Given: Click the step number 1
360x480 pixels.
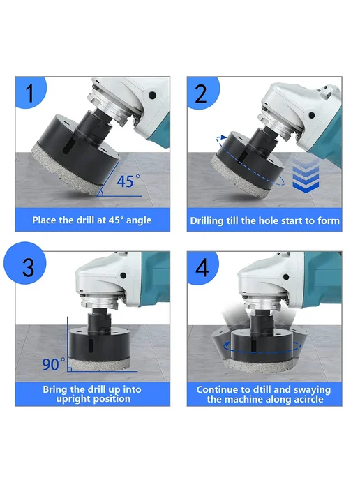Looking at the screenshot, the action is pos(30,93).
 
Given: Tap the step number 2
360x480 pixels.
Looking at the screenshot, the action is pos(201,94).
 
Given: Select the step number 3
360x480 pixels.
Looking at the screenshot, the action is pos(28,267).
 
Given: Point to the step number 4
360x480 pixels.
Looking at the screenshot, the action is pos(202,268).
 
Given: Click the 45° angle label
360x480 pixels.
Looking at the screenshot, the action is pos(128,181).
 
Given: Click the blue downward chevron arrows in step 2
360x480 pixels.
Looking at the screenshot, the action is pos(306,176).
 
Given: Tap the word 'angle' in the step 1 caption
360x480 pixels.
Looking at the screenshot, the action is pos(139,220).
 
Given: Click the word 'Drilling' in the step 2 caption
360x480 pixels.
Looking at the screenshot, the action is pos(207,221).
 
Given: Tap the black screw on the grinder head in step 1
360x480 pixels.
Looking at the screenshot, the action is pos(152,96).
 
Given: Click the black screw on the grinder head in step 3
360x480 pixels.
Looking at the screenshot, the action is pos(123,276).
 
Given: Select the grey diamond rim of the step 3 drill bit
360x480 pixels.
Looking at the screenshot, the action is pos(99,364).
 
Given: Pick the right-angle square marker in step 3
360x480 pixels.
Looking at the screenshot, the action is pos(70,370).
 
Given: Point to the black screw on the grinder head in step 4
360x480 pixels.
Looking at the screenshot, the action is pos(286,277).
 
